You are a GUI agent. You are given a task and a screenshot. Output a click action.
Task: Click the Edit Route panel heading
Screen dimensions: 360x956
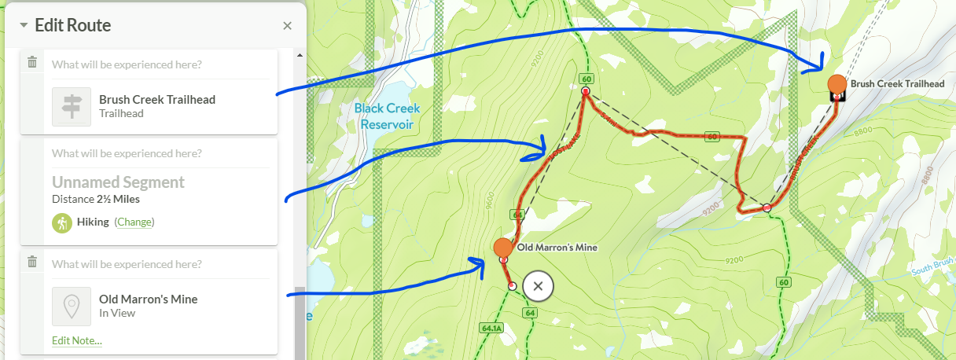[x=72, y=25]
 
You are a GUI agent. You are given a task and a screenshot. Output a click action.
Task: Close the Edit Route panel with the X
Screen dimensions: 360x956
[x=287, y=26]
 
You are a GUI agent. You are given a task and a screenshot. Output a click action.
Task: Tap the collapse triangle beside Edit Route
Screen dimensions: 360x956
[x=24, y=25]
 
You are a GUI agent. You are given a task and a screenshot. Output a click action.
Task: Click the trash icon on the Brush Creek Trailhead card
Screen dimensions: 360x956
[x=32, y=62]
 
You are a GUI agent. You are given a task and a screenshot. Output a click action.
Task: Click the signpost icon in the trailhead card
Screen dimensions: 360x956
[x=72, y=106]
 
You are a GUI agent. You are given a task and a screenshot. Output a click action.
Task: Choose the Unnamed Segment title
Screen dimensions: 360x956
[x=118, y=182]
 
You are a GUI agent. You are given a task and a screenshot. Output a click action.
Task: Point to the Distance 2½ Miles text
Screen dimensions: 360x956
[x=95, y=199]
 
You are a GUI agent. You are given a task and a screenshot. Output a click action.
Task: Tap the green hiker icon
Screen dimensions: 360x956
[x=62, y=222]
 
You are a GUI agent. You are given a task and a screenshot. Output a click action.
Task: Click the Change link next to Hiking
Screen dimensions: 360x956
[x=134, y=222]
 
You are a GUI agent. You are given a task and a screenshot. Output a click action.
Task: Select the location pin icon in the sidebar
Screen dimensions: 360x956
[x=72, y=306]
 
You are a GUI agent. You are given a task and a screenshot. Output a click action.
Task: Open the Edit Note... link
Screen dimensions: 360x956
[x=76, y=340]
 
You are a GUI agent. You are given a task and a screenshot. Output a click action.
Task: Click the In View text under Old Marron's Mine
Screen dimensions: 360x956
[x=117, y=313]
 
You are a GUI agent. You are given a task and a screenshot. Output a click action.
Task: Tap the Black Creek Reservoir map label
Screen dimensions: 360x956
[x=387, y=116]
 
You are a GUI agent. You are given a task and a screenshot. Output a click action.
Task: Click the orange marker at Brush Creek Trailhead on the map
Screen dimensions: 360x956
[x=837, y=83]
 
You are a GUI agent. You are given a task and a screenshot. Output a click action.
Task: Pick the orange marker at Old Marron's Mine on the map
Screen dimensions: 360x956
[x=502, y=248]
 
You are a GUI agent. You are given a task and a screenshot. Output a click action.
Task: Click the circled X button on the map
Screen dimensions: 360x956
[x=538, y=286]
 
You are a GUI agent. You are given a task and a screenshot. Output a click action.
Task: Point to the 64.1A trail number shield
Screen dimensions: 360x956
[x=490, y=328]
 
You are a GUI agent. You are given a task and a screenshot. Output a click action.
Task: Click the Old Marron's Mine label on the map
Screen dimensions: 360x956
[x=557, y=248]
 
